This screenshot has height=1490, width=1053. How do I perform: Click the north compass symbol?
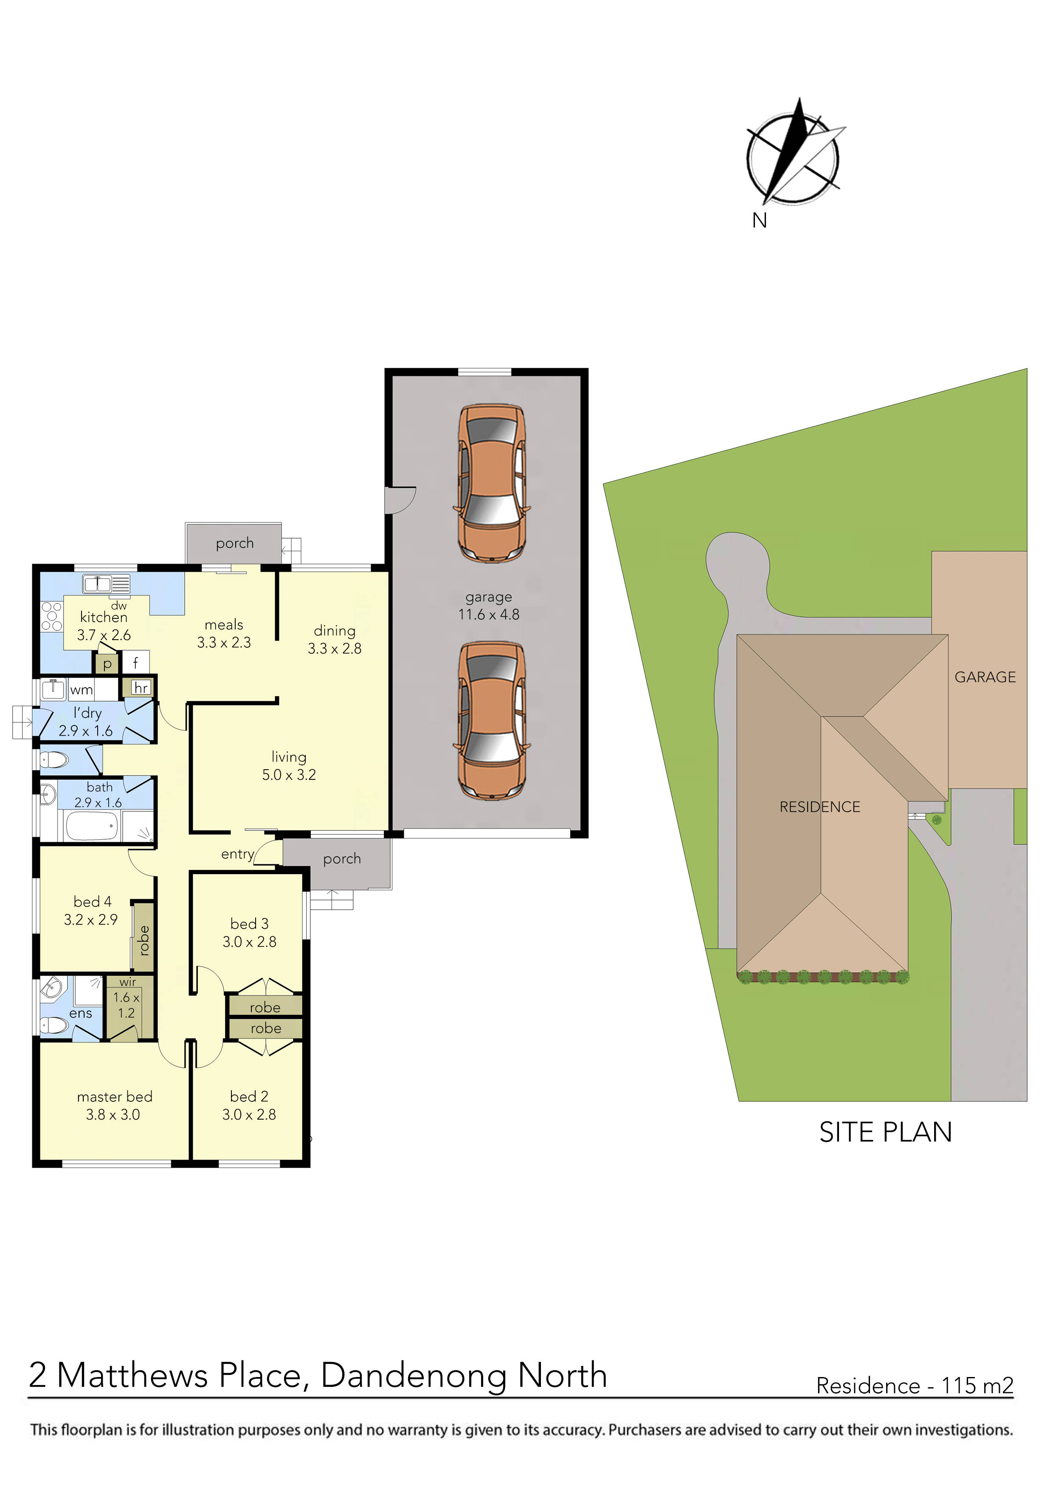793,156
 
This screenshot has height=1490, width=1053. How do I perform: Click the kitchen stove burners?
52,616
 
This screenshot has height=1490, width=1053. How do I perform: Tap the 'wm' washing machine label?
82,690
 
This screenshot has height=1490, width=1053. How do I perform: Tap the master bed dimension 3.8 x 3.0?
113,1114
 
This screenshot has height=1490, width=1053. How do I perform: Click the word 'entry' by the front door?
237,854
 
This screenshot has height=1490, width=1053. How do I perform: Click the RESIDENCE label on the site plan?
819,807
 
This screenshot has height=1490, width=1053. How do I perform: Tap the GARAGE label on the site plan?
984,677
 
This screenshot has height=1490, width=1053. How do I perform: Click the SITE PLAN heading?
885,1132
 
